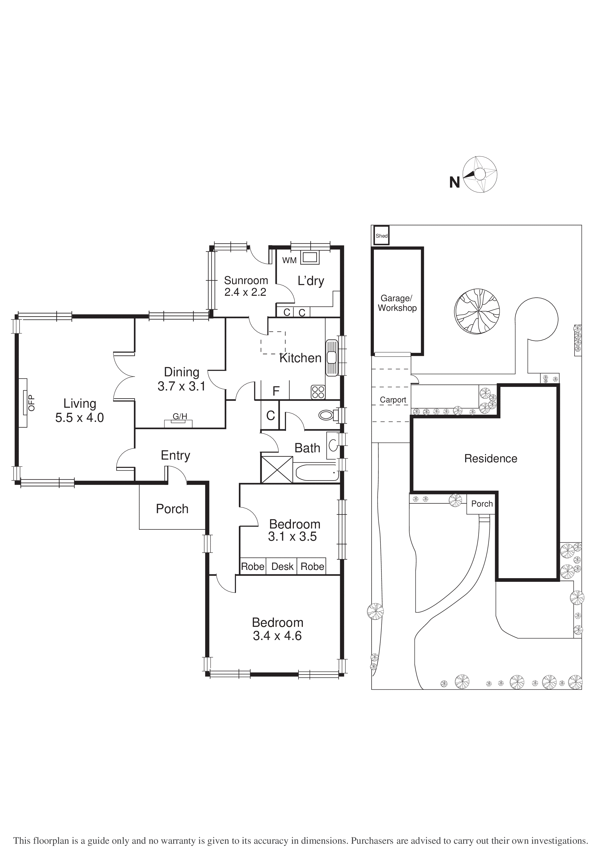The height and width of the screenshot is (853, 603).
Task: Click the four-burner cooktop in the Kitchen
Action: pos(318,392)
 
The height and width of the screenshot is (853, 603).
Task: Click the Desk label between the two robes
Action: pos(282,566)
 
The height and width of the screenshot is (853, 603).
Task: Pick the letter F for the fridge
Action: pos(276,391)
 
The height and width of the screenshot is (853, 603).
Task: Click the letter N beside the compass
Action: pos(454,182)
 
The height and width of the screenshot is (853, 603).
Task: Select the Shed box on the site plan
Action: pos(381,236)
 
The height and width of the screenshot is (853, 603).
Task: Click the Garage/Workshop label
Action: pos(397,303)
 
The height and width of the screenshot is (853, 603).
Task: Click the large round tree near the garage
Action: pos(477,311)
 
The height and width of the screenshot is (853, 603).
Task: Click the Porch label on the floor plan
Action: pos(172,509)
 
